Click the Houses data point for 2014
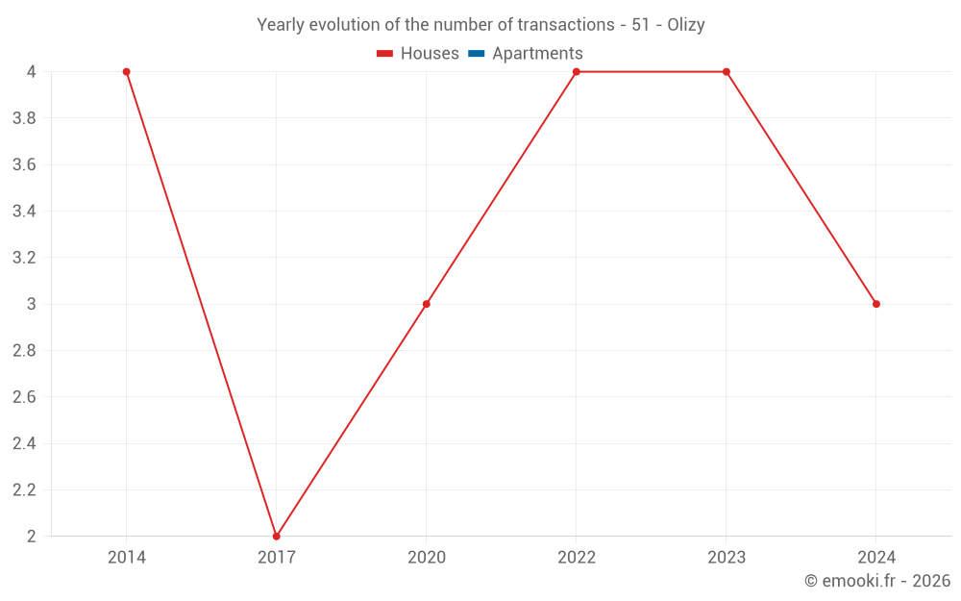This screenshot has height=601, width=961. click(x=127, y=72)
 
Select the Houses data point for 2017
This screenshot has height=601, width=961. click(x=277, y=536)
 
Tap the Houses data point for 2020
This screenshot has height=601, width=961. click(x=427, y=304)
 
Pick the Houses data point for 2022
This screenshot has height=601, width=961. click(x=577, y=72)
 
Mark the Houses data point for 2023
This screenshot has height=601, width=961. click(x=727, y=72)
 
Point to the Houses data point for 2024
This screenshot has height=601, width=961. click(x=876, y=304)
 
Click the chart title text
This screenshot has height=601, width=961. click(x=480, y=25)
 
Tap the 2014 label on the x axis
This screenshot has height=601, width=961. click(x=127, y=557)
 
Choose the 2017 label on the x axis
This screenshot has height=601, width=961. click(x=277, y=557)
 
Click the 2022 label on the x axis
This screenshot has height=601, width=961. click(x=577, y=557)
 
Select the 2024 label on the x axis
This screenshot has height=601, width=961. click(x=876, y=557)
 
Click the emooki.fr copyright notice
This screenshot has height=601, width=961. click(x=877, y=581)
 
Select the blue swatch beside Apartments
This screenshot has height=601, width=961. click(x=476, y=54)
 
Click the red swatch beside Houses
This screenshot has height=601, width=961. click(x=385, y=54)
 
